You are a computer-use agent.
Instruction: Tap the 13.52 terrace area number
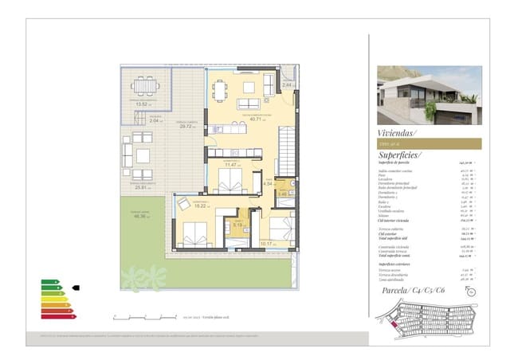click(143, 104)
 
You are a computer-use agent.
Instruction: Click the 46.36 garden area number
click(143, 217)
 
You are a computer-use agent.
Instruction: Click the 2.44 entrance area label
click(288, 85)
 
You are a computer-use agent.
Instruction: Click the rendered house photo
click(429, 95)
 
